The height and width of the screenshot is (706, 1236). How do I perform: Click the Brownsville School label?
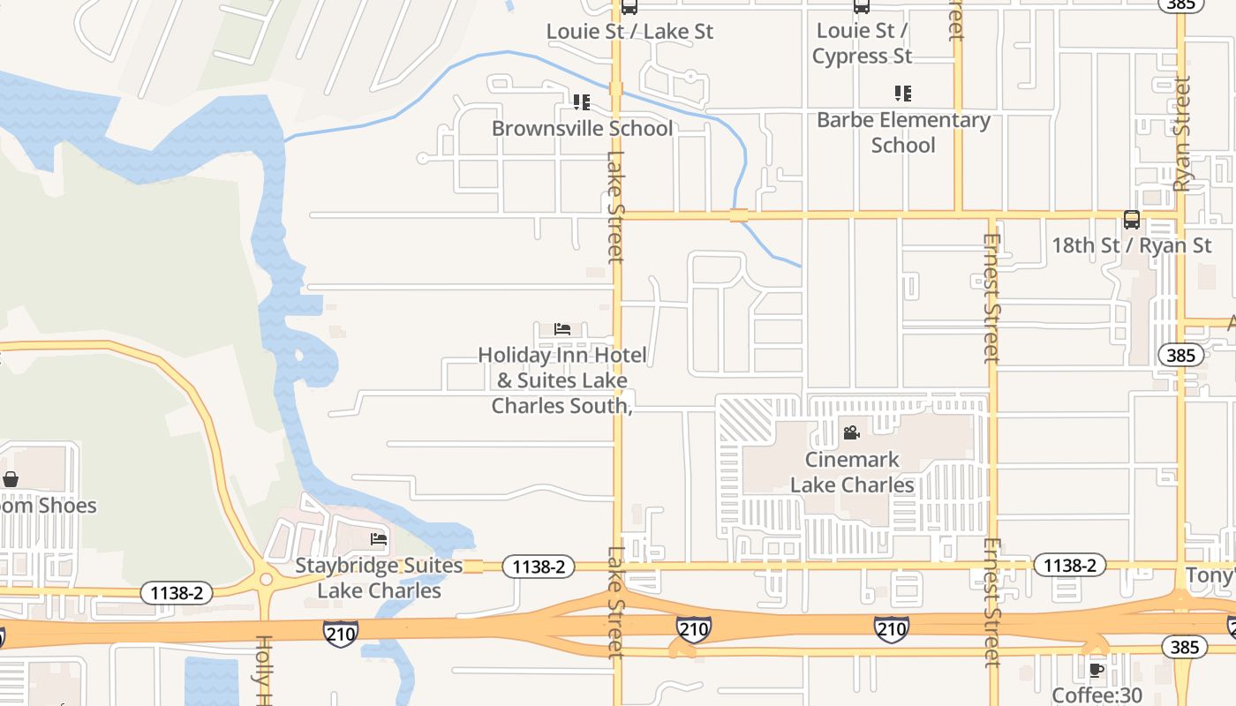582,128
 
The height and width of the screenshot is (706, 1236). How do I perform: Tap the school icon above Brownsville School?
581,103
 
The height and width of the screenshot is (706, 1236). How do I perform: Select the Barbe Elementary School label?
903,132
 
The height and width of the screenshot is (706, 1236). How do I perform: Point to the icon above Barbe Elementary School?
902,93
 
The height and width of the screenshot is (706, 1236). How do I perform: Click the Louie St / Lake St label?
629,32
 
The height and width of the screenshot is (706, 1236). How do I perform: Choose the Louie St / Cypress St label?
862,43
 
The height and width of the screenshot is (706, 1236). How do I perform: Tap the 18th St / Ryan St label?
1131,245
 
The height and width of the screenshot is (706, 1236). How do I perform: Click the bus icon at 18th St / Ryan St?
1131,220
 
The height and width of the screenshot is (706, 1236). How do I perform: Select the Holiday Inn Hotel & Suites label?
561,380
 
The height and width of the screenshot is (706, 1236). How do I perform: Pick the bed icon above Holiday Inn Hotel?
562,330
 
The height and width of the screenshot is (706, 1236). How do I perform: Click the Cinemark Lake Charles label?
852,472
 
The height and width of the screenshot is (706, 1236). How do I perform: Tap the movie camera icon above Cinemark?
851,433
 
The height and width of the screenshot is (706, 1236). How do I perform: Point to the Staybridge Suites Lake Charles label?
379,578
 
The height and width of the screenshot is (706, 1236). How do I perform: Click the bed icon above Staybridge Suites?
379,539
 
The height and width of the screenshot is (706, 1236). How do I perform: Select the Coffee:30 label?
1098,695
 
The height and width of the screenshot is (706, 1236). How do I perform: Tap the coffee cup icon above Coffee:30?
1097,671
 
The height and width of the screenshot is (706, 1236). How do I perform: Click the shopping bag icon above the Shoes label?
11,480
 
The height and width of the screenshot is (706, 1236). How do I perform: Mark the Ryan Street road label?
1183,133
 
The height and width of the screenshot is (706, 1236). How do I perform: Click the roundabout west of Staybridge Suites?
266,580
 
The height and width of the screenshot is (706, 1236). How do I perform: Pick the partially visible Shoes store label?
48,506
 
